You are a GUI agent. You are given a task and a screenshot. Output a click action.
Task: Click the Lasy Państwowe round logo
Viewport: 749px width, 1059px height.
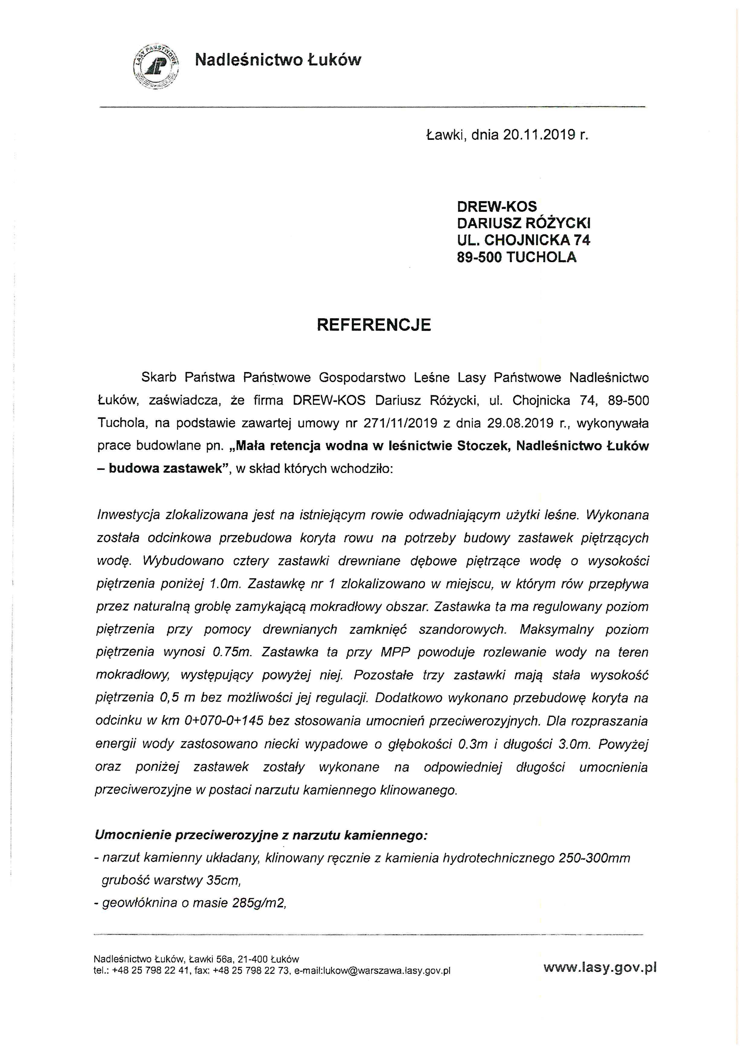(156, 66)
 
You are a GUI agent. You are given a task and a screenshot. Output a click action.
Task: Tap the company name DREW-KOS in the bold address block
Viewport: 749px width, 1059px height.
(497, 206)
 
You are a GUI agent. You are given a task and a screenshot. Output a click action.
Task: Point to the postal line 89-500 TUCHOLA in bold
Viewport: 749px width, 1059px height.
(516, 257)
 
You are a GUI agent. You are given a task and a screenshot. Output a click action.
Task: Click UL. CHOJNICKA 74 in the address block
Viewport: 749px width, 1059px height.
(523, 240)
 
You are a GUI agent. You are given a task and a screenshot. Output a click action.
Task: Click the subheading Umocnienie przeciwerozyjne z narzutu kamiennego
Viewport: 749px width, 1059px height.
(261, 835)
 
